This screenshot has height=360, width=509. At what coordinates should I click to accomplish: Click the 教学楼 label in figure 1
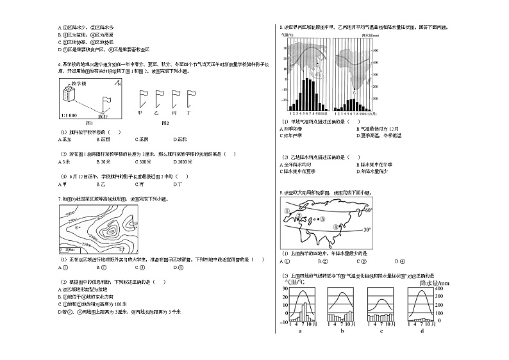(x=79, y=83)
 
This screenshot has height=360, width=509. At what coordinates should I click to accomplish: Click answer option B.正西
(x=103, y=138)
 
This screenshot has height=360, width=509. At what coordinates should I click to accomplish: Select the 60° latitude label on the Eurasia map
(x=368, y=210)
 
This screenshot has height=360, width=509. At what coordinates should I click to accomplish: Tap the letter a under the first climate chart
(x=300, y=331)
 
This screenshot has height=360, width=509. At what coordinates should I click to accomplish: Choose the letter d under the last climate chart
(x=421, y=331)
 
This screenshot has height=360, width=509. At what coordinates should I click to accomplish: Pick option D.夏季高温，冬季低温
(x=380, y=136)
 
